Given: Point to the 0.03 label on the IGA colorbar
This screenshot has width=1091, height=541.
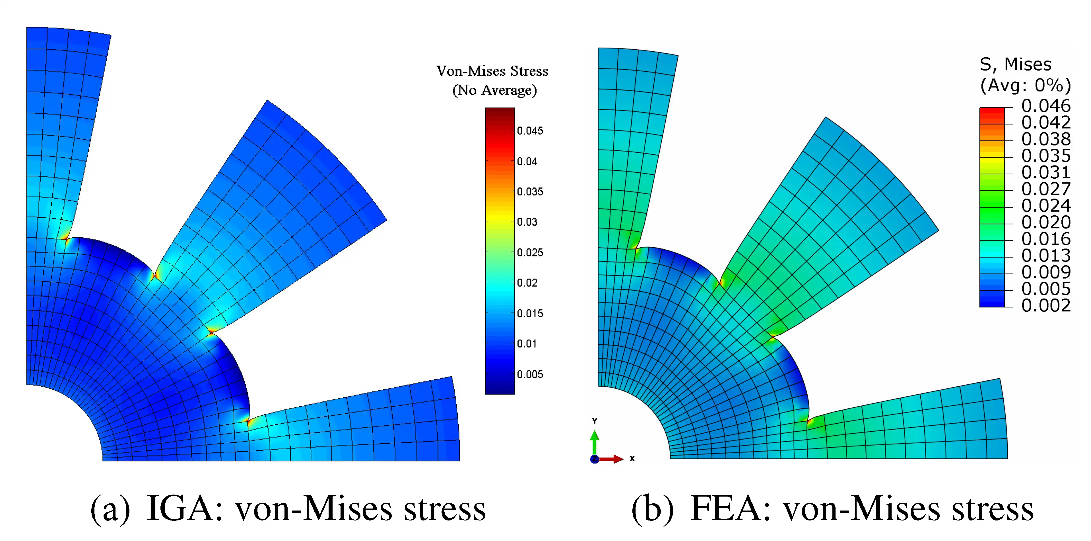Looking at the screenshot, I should point(527,222).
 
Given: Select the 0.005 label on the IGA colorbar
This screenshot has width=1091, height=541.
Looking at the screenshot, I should point(530,374).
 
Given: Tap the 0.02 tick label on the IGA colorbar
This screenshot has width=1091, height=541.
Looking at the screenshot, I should point(527,283).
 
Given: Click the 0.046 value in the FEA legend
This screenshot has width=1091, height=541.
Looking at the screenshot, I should point(1046,106).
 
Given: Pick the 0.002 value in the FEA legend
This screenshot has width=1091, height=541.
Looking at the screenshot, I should point(1046,305).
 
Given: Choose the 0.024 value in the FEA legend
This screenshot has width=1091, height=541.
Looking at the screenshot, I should point(1046,206).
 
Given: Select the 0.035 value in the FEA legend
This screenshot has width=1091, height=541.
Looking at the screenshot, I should point(1046,156).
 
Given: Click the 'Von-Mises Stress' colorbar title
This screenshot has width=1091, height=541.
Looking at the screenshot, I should point(492,71).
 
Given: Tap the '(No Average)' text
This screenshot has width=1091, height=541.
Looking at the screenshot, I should point(494,90).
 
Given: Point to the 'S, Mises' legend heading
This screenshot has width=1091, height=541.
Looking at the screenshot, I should point(1015,64).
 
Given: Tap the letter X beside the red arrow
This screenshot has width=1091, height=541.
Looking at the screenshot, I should point(632,458).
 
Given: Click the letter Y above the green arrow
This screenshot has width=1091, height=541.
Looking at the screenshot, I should point(595,421).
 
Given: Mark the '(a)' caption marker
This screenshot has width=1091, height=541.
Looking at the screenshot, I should point(110,509).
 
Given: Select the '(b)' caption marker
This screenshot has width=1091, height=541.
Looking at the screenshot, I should point(652,509).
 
